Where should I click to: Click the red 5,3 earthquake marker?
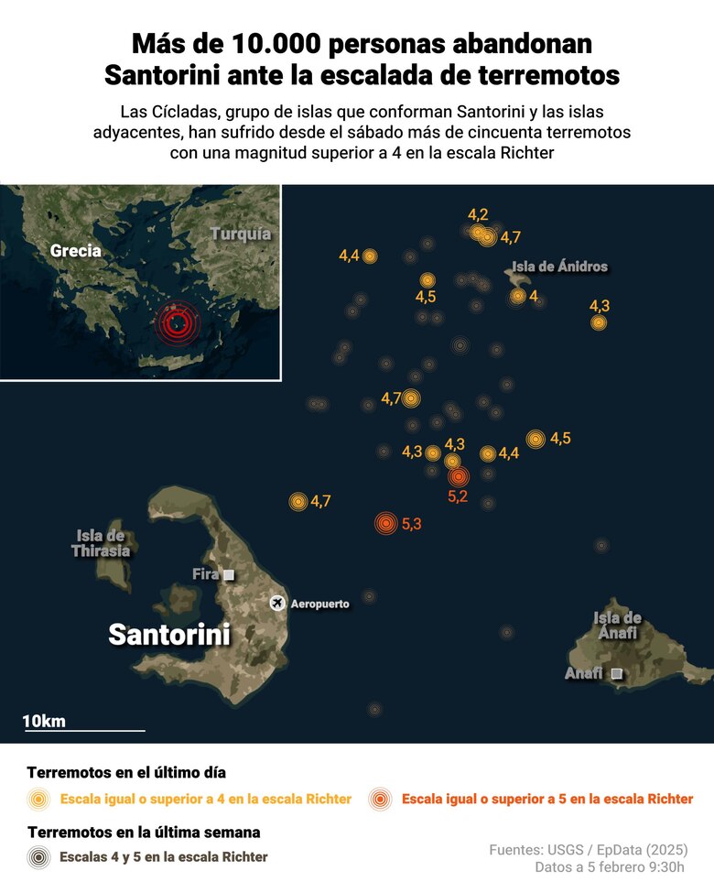point(387,523)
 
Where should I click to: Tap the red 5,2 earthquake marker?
point(458,476)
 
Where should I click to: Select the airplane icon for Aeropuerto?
point(277,602)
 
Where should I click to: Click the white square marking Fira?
point(229,574)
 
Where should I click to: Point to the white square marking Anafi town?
point(616,673)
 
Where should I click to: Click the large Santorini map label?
point(169,634)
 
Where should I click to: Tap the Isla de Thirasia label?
point(101,543)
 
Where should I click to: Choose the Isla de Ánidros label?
point(559,267)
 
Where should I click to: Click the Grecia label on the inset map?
point(76,250)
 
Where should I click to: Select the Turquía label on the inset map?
point(241,234)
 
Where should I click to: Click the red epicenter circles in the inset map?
point(177,321)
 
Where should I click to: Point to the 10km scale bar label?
point(44,721)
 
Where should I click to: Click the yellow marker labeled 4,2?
point(478,232)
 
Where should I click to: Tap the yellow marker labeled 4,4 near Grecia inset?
point(370,256)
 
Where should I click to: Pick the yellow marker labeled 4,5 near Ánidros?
point(427,280)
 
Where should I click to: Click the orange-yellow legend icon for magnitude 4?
point(38,799)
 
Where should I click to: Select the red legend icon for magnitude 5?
point(379,799)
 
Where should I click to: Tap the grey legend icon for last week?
point(38,857)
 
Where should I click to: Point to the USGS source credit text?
point(588,850)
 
